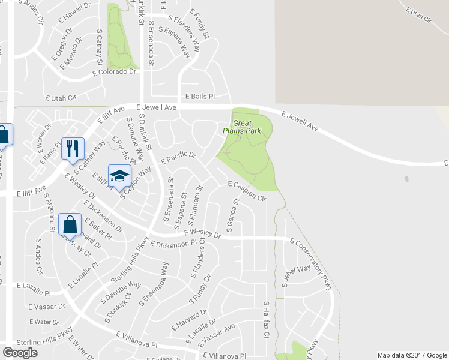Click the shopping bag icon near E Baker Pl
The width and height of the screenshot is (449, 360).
pos(70,225)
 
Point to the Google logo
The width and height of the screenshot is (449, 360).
pos(20,353)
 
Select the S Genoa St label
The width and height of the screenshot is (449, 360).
pos(232,217)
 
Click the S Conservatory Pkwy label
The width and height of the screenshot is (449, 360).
pos(310,263)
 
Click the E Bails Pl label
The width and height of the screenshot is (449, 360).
pos(199,95)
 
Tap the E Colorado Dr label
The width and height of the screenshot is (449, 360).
pos(115,72)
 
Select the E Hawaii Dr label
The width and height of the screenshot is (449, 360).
pos(74,14)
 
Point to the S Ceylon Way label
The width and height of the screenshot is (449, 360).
pos(136,178)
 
